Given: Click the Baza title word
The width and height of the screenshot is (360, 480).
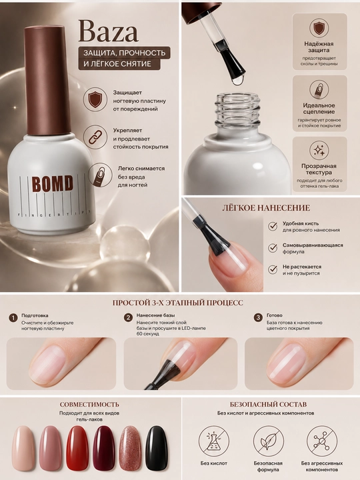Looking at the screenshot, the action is [x=108, y=31].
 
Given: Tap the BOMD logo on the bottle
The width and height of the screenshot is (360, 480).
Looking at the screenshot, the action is [x=53, y=183].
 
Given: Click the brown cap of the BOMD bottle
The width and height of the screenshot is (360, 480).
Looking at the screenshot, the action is [x=47, y=80].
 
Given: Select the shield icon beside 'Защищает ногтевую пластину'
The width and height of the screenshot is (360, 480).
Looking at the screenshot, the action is [x=95, y=99].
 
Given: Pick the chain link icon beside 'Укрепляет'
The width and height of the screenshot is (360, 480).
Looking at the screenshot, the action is [x=95, y=137].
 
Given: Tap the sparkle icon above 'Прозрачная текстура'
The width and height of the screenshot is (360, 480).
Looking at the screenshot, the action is [x=319, y=151].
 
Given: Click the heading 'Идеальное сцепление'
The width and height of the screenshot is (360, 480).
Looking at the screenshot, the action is [x=319, y=109].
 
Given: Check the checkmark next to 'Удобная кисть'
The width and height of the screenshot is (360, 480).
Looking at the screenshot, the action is [x=273, y=226].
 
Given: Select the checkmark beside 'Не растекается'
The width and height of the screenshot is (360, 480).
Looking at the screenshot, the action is [x=273, y=269].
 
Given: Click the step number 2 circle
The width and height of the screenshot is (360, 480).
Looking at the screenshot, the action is [x=128, y=317].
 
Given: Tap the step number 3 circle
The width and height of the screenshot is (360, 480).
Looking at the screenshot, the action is [x=259, y=317].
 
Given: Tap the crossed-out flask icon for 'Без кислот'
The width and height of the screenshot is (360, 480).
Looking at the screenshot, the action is [x=214, y=441].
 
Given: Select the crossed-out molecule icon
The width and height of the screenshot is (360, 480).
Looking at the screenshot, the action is [x=322, y=441].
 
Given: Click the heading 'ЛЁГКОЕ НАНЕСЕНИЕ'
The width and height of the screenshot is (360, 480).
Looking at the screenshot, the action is [x=266, y=208].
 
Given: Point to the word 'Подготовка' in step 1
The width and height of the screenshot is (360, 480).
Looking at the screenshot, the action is [x=35, y=315].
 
